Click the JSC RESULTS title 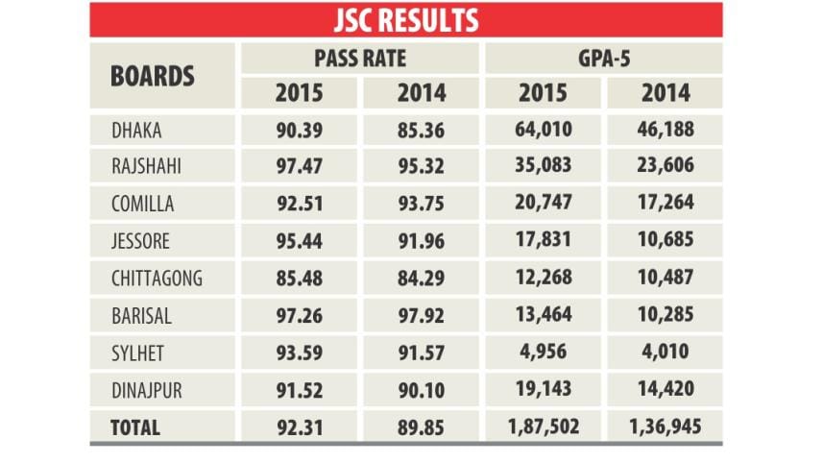[406, 19]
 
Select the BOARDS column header [153, 75]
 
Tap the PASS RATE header [360, 58]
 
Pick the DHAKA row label [137, 129]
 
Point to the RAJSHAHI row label [147, 166]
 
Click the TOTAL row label [136, 428]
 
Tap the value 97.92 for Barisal [419, 316]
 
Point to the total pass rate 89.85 [419, 428]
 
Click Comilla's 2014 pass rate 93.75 [419, 204]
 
